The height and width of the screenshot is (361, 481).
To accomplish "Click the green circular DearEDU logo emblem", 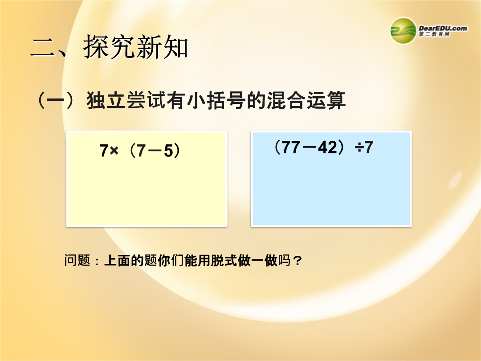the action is click(403, 31).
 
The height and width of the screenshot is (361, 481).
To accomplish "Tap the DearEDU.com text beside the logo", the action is click(443, 28).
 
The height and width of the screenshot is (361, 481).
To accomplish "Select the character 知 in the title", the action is click(175, 47).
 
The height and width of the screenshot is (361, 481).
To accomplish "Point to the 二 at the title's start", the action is click(43, 48).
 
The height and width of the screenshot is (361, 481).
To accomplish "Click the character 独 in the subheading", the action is click(96, 100).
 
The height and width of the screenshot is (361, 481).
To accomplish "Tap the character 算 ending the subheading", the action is click(336, 100).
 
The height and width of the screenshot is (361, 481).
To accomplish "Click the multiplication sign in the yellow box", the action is click(114, 151).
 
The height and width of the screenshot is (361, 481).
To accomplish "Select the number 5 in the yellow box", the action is click(169, 151).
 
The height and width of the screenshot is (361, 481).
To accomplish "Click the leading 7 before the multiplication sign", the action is click(104, 151).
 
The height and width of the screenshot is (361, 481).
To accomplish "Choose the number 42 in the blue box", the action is click(328, 147).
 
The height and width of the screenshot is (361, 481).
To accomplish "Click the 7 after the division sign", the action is click(369, 147).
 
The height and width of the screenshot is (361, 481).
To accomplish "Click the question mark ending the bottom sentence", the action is click(297, 261).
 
